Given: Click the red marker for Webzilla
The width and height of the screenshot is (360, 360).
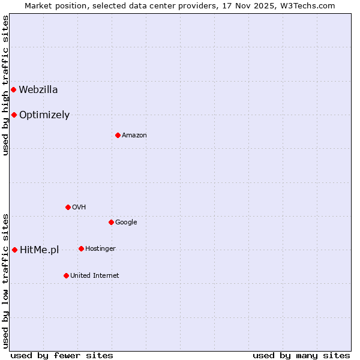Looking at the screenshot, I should (13, 90).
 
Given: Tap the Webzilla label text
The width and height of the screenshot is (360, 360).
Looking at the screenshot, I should (38, 90).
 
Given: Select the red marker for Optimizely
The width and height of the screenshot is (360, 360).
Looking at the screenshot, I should (14, 115).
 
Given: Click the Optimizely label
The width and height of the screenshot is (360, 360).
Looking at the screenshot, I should (44, 115).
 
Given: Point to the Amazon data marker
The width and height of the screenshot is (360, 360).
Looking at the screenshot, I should (118, 135).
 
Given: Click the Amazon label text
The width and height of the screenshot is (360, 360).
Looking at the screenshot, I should (134, 136).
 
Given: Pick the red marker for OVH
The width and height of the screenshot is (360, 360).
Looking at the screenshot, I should (68, 207).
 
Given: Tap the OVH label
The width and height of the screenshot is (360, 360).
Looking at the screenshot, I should (79, 208).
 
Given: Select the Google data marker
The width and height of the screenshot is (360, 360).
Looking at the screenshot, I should (111, 222).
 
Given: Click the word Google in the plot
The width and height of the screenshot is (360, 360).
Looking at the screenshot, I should (126, 223).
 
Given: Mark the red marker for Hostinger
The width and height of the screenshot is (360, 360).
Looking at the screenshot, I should (81, 248).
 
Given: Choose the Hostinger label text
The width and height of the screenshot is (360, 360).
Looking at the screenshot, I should (100, 249).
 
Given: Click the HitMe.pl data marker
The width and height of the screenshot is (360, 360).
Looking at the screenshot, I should (14, 250).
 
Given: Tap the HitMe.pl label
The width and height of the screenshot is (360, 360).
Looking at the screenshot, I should (40, 250).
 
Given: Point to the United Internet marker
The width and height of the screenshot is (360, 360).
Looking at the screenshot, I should (66, 275).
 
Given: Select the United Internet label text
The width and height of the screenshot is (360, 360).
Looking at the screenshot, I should (95, 276).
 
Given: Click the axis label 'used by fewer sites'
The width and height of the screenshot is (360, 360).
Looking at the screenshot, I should (62, 355).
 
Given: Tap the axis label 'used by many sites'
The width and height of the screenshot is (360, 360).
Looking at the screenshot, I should (301, 355).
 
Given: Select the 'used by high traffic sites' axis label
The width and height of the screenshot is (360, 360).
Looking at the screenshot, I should (5, 85).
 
